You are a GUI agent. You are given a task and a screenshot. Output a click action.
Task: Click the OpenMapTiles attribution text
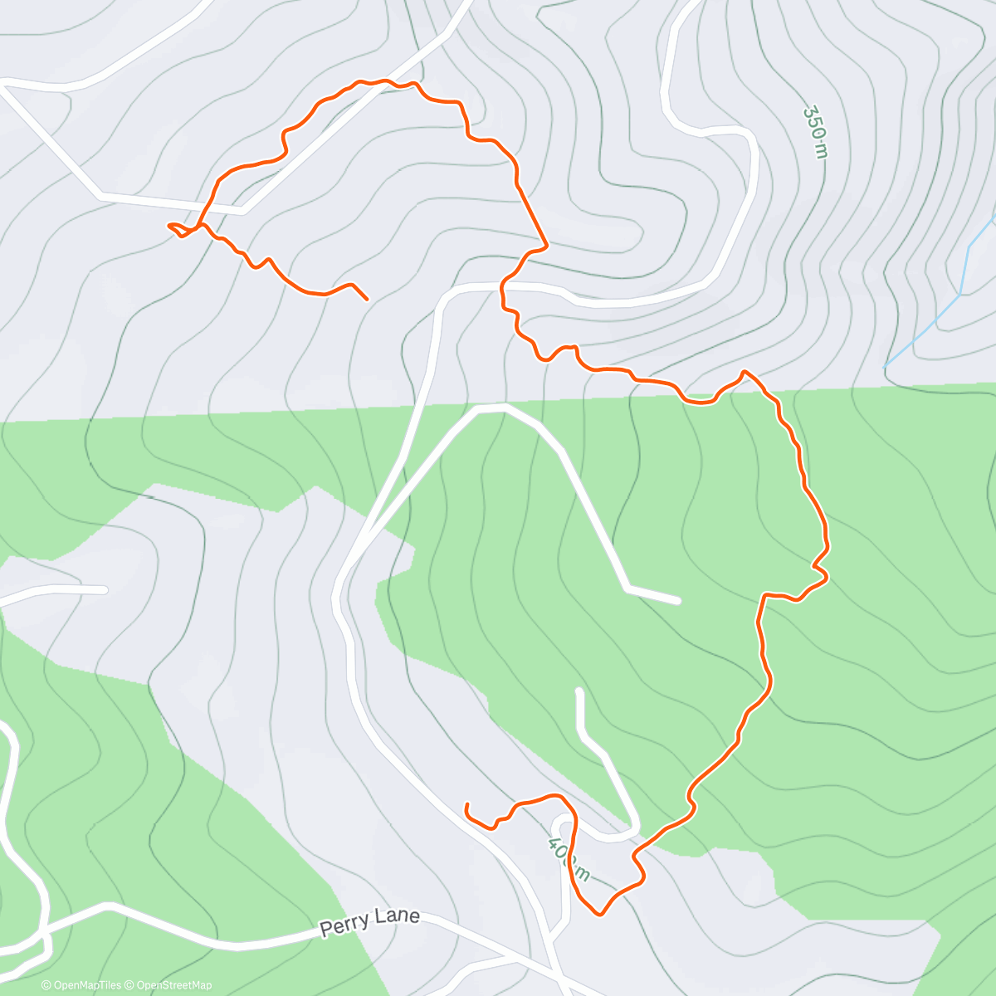81,985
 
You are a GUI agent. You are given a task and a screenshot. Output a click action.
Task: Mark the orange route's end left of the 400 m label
467,805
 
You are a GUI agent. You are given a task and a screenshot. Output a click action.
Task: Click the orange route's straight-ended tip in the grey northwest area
366,298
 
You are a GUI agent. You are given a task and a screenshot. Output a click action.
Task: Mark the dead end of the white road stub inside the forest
677,599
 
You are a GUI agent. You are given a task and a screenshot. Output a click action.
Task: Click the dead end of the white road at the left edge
105,589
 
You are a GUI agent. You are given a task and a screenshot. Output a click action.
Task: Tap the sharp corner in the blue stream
960,293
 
